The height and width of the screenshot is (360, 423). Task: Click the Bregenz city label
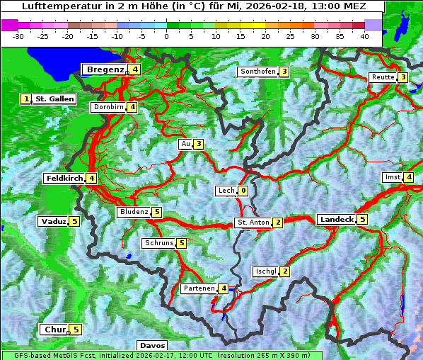coord(105,69)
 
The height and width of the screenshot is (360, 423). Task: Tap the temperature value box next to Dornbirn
coord(132,107)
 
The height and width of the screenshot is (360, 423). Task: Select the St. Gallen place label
coord(54,99)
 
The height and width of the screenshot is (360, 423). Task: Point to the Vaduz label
coord(53,222)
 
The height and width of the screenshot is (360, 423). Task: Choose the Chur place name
coord(54,330)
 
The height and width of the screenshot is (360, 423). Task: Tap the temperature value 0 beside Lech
coord(243,191)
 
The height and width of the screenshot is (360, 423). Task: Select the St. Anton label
coord(253,223)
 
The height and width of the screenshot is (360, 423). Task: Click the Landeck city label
coord(336,220)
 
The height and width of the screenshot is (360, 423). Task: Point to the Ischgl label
coord(265,271)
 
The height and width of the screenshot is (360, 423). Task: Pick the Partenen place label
coord(197,288)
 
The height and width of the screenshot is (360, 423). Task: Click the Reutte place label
coord(383,77)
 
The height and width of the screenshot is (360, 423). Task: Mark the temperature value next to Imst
coord(409,177)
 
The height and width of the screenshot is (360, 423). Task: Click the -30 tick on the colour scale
coord(18,35)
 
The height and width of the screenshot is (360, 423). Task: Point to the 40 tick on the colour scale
coord(364,35)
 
